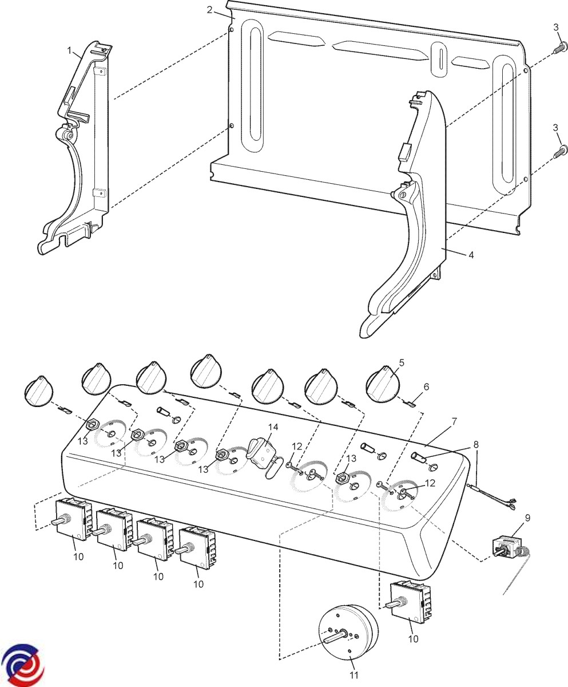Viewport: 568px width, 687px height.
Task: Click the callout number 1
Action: (x=70, y=51)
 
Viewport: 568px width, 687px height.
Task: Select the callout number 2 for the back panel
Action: (x=210, y=10)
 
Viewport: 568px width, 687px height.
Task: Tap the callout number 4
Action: (x=471, y=255)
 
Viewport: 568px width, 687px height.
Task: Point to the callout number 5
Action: (x=401, y=362)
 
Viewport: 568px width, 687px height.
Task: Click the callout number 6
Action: (x=426, y=387)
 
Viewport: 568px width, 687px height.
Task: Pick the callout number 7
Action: (x=454, y=421)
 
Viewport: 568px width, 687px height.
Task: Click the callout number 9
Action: (x=527, y=518)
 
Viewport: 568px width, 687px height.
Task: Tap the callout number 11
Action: (x=353, y=676)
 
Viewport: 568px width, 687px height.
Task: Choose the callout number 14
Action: (x=273, y=427)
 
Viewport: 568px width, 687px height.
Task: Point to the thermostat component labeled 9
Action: (x=509, y=549)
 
